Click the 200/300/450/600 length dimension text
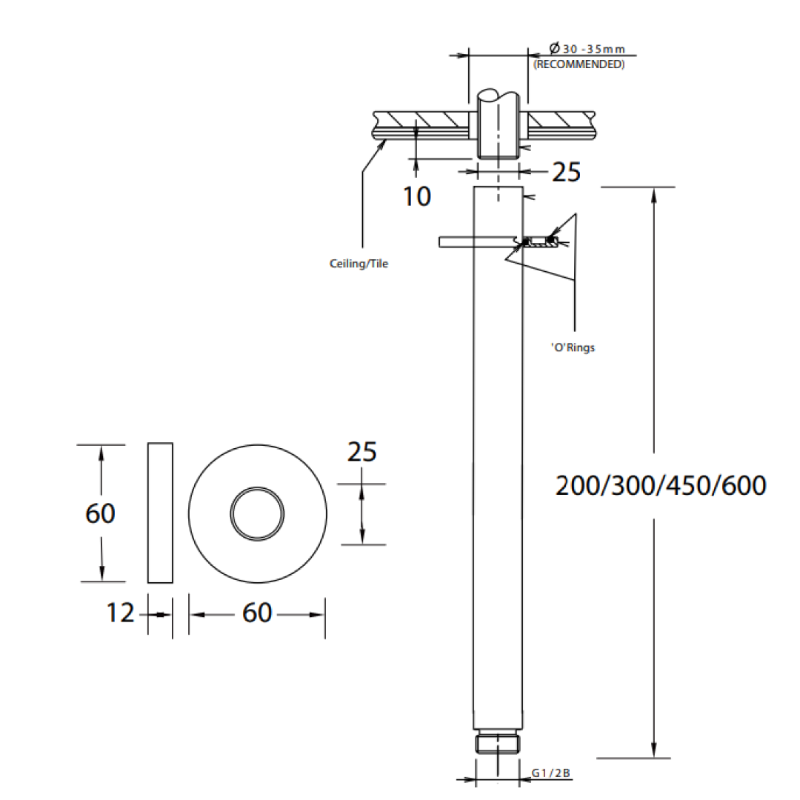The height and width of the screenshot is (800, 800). point(661,486)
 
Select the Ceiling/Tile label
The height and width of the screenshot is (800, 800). point(359,264)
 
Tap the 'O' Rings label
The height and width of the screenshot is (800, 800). point(573,347)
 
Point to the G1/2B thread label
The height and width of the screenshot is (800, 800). point(551,773)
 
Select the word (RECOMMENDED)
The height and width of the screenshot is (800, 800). point(579,64)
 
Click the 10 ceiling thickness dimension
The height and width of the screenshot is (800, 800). point(417,196)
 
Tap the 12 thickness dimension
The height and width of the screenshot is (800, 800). point(120,613)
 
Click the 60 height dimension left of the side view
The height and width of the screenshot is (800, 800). point(100,513)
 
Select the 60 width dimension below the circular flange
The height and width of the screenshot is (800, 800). point(257,613)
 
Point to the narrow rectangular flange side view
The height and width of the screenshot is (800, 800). point(160,513)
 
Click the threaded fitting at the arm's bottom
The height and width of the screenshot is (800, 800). point(498,743)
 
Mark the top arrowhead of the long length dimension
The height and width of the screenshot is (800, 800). point(653,195)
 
